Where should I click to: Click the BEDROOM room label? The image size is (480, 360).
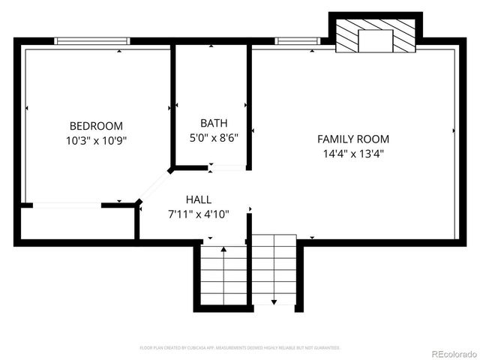click(96, 126)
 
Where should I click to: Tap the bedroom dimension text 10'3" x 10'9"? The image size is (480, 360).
click(96, 140)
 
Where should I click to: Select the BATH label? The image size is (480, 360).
click(214, 123)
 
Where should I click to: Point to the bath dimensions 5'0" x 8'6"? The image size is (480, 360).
click(214, 137)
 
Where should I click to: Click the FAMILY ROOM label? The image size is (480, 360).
click(353, 139)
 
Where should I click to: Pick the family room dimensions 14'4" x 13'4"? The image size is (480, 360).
click(353, 154)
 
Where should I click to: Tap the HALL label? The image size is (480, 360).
click(199, 199)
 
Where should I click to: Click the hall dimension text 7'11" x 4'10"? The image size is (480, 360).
click(199, 214)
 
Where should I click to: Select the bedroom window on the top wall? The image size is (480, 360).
click(93, 41)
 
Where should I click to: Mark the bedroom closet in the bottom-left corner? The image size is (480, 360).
click(78, 223)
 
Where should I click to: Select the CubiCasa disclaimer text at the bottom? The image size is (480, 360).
click(240, 348)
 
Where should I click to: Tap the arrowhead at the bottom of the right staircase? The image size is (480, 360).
click(274, 301)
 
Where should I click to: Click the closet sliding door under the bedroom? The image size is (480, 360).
click(67, 205)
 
